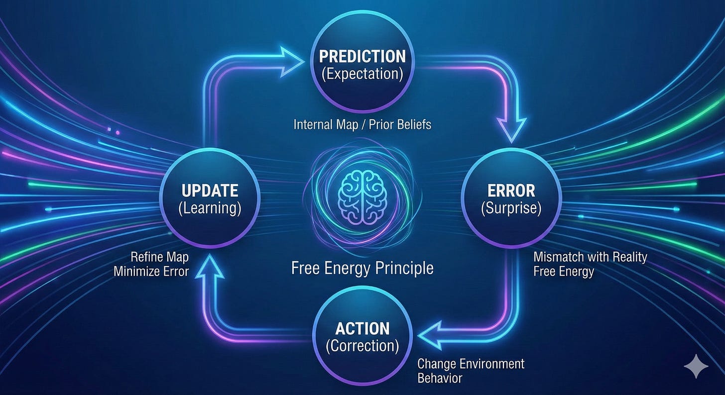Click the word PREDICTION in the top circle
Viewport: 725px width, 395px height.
point(362,55)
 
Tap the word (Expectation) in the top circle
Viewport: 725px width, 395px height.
point(362,75)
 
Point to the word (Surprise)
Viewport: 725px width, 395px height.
point(511,207)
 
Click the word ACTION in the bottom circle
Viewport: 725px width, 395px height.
point(362,328)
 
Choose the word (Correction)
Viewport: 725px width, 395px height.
point(362,346)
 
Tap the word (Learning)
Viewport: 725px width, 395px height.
point(210,207)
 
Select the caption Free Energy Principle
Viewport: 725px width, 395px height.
point(362,268)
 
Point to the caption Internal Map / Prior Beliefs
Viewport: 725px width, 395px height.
point(362,124)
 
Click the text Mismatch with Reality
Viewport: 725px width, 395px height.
point(590,257)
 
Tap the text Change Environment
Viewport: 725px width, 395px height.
point(471,363)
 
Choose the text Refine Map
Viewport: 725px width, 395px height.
point(159,257)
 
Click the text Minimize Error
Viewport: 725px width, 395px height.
point(151,272)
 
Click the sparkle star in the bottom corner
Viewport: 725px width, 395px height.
point(696,367)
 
